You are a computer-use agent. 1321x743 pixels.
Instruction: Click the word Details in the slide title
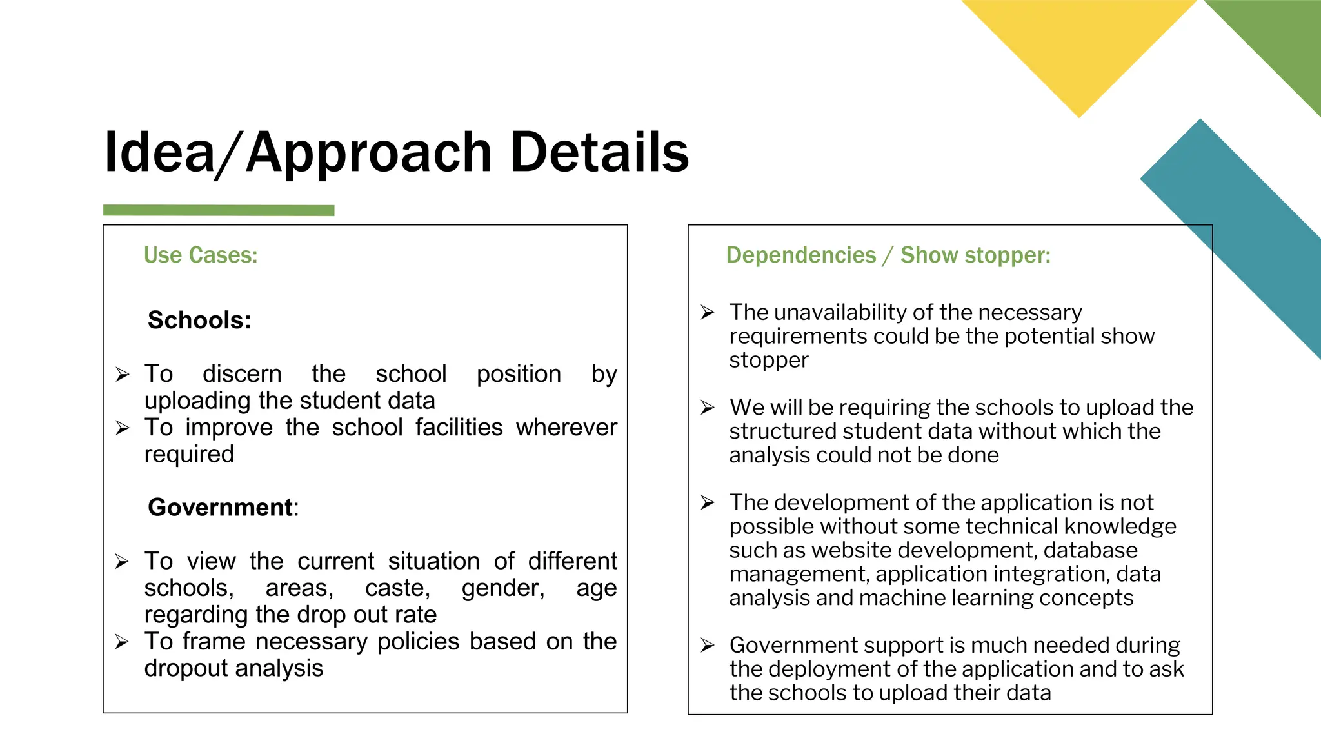(599, 152)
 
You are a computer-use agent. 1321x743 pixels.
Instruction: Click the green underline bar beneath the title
(219, 210)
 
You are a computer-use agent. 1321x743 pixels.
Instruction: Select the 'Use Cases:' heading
(201, 255)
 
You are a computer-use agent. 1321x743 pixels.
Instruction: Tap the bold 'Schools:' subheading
(199, 320)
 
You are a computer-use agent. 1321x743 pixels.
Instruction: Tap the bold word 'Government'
(220, 508)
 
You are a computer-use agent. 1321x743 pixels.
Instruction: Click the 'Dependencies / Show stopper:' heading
(888, 255)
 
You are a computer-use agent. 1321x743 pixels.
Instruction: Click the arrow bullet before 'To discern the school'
(123, 374)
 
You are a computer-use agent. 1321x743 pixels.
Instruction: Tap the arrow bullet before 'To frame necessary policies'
(123, 642)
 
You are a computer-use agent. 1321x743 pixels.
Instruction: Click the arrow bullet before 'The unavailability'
(708, 312)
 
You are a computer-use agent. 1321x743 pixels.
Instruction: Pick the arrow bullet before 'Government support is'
(708, 645)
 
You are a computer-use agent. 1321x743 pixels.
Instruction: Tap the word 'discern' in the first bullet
(242, 374)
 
